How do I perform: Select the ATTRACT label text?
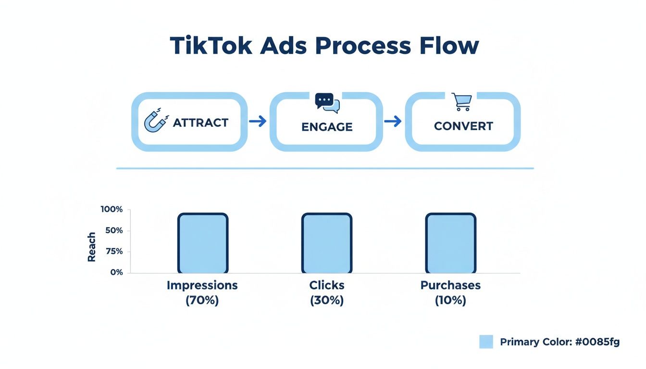point(200,123)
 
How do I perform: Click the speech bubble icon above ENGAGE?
point(327,103)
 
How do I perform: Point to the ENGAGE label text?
point(327,127)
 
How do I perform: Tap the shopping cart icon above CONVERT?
point(462,101)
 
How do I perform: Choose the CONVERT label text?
point(463,126)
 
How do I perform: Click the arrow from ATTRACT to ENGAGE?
point(258,122)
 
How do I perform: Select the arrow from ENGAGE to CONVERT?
point(393,122)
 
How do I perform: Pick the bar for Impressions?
point(203,243)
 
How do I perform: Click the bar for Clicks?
point(327,243)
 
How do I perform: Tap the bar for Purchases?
point(451,243)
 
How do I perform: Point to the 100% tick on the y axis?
point(112,209)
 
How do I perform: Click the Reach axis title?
point(92,247)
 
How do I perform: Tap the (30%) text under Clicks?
point(327,301)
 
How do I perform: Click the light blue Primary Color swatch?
point(486,342)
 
